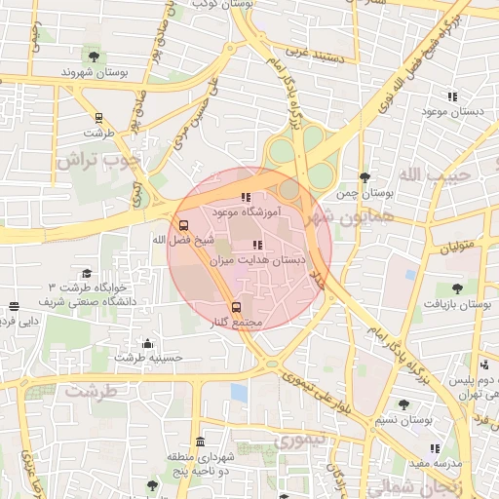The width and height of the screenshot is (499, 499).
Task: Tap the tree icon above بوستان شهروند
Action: (x=94, y=55)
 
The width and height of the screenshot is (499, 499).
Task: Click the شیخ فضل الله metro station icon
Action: (x=185, y=223)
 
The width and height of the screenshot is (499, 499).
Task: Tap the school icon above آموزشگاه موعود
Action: (x=245, y=197)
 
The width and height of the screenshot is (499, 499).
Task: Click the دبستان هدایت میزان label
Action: (x=257, y=261)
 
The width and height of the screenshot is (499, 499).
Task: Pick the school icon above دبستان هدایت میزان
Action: (x=257, y=246)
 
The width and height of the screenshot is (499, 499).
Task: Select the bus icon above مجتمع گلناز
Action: (x=236, y=308)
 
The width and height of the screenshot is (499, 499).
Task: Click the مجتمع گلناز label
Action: (x=235, y=323)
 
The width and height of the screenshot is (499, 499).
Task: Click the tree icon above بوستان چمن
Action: (x=365, y=177)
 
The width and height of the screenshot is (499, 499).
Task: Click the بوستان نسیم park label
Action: (x=403, y=420)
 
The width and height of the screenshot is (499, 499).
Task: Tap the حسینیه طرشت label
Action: (x=148, y=358)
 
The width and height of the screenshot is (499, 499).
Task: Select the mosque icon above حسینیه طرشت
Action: (x=147, y=342)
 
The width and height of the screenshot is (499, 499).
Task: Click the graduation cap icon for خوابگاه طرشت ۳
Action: (x=87, y=274)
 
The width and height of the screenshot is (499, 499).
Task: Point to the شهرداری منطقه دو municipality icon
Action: (x=201, y=441)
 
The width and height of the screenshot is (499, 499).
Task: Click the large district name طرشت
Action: (x=93, y=391)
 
